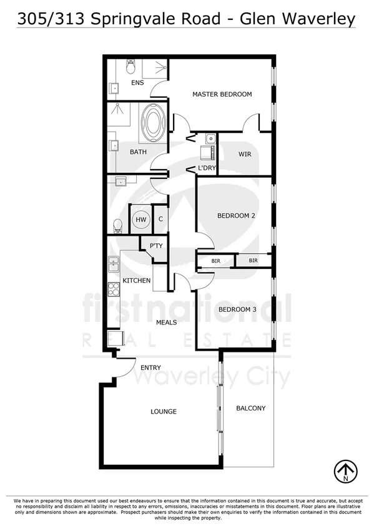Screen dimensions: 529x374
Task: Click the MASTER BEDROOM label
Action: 222,95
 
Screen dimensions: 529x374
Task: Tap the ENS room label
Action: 137,82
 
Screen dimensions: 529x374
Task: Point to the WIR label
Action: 245,154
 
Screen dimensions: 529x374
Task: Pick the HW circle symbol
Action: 140,219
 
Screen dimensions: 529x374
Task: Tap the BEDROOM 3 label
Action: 237,309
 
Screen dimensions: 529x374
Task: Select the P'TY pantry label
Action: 155,246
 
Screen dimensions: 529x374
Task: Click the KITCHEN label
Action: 136,281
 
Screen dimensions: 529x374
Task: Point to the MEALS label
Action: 167,323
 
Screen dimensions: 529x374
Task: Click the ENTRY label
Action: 150,368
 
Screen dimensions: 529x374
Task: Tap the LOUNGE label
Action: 164,412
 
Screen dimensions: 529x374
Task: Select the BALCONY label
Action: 250,409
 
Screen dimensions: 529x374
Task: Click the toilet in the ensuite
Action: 130,65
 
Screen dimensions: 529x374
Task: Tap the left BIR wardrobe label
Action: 216,261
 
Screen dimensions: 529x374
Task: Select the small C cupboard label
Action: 160,219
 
